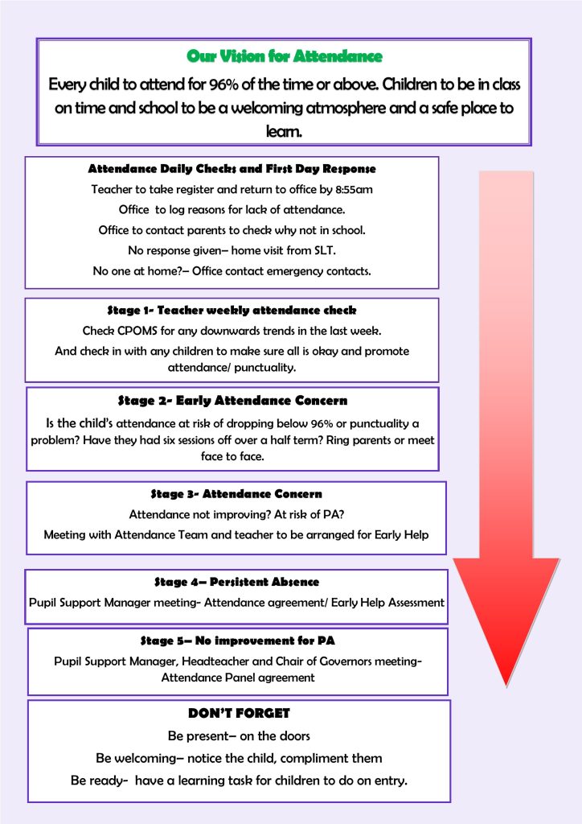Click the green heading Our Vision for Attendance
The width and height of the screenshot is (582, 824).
[285, 56]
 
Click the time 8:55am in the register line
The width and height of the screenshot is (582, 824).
[354, 189]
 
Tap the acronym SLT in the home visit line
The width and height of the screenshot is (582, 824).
[324, 251]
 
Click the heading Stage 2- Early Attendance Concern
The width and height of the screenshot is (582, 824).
[232, 401]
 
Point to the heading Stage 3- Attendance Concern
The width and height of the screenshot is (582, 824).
[236, 494]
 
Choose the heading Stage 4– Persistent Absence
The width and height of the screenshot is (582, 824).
[236, 582]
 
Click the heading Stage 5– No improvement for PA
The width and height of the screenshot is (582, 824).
[237, 641]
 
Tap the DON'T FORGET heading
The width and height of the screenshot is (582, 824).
[239, 713]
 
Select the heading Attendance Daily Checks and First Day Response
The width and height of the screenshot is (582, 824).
[232, 169]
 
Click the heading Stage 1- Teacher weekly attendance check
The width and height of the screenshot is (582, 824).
[232, 311]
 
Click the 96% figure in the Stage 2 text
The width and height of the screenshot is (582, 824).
[322, 424]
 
